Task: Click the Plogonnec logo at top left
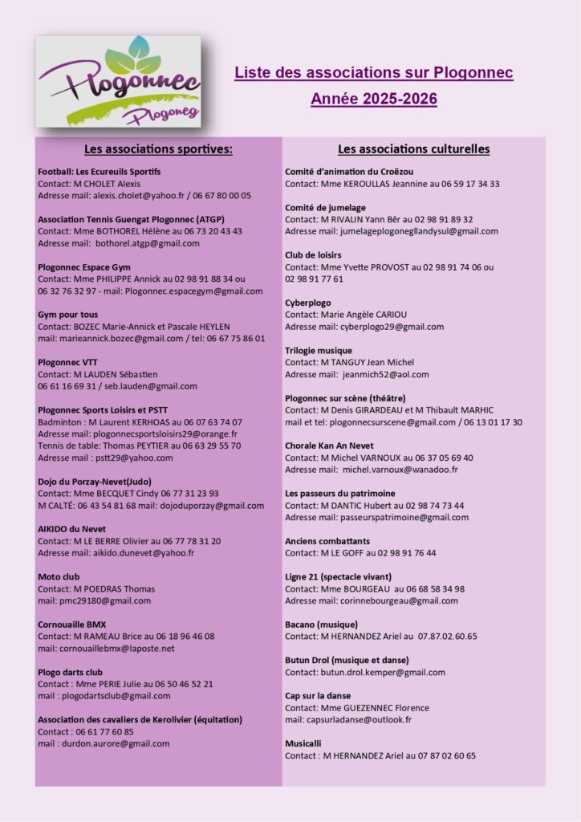coord(119,81)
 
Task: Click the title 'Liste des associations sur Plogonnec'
coord(373,73)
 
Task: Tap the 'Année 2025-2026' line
coord(373,100)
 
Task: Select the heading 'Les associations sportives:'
coord(158,149)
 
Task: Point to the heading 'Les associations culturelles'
coord(413,149)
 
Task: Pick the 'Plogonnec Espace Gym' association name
coord(84,267)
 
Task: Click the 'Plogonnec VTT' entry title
coord(68,362)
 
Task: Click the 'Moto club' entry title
coord(59,576)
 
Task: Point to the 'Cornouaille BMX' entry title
coord(72,624)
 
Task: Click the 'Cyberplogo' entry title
coord(307,303)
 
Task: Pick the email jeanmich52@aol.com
coord(385,374)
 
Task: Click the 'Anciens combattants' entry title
coord(327,541)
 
